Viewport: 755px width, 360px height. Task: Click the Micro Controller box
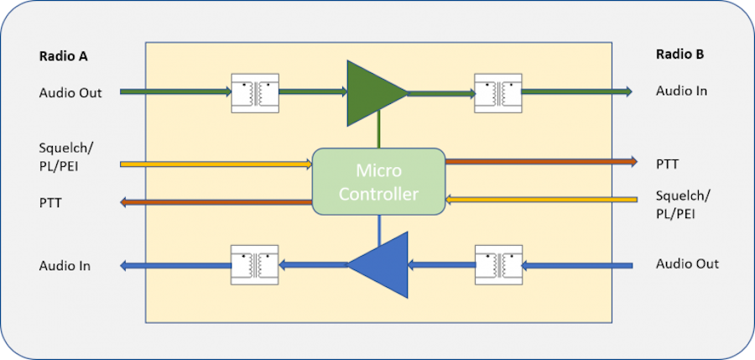click(x=378, y=181)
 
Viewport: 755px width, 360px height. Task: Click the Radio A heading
click(x=64, y=57)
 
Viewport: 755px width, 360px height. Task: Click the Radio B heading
click(x=679, y=55)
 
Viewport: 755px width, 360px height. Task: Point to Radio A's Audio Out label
click(x=70, y=92)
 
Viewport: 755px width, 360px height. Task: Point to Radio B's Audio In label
click(x=682, y=90)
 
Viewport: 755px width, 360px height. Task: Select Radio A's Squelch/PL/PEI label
click(x=66, y=156)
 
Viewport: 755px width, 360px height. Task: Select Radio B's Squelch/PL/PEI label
click(x=684, y=203)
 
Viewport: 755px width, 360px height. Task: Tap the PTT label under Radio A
click(x=50, y=202)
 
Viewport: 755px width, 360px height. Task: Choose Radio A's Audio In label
click(x=65, y=266)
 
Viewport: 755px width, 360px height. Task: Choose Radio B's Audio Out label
click(x=687, y=263)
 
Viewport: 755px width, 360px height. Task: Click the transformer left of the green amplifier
click(x=255, y=92)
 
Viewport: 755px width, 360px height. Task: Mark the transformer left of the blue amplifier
click(x=255, y=265)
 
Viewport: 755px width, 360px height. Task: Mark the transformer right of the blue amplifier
click(x=498, y=265)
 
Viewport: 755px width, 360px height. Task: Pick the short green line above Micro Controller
click(x=379, y=134)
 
